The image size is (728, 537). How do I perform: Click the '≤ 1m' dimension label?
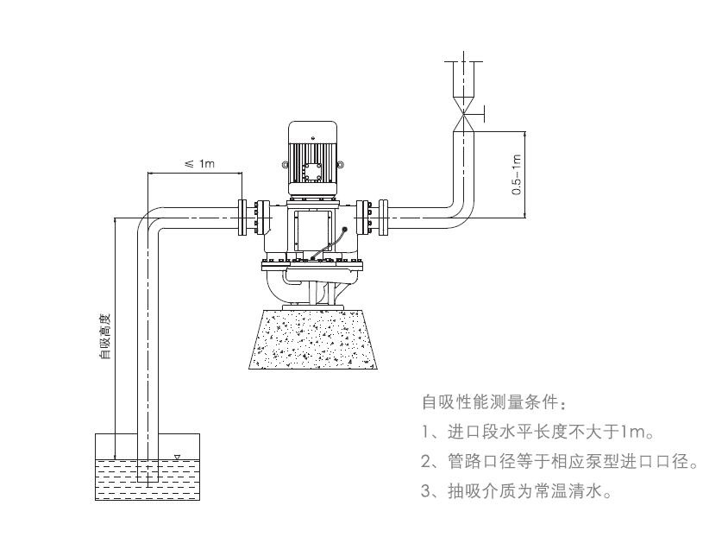click(200, 164)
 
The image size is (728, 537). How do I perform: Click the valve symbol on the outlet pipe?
click(467, 111)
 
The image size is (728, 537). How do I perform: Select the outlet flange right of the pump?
click(373, 218)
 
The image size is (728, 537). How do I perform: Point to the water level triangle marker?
click(177, 458)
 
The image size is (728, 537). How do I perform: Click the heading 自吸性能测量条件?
click(494, 403)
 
